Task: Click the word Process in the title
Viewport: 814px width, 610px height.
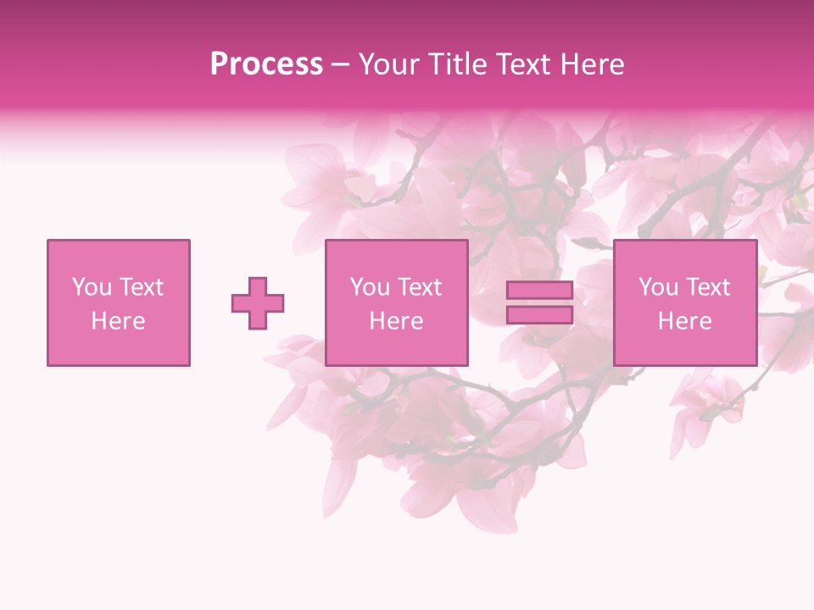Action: pos(266,64)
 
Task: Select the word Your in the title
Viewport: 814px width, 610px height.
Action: pos(387,64)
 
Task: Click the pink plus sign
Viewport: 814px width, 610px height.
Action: pos(258,303)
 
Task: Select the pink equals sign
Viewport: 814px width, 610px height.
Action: pos(539,302)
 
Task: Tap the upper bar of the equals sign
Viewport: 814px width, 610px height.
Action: pos(539,291)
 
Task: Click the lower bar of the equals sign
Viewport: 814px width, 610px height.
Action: pos(539,314)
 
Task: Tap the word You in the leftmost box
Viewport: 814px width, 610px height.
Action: pos(92,287)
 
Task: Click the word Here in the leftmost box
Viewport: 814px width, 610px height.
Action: pos(119,321)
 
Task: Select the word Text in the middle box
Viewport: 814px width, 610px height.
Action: pos(420,287)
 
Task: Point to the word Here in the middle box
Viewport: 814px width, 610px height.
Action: pos(397,321)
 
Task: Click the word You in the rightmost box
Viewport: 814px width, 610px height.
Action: pos(658,287)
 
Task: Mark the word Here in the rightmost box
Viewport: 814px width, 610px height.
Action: pos(685,321)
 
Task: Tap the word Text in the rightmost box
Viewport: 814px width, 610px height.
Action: pos(708,287)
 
